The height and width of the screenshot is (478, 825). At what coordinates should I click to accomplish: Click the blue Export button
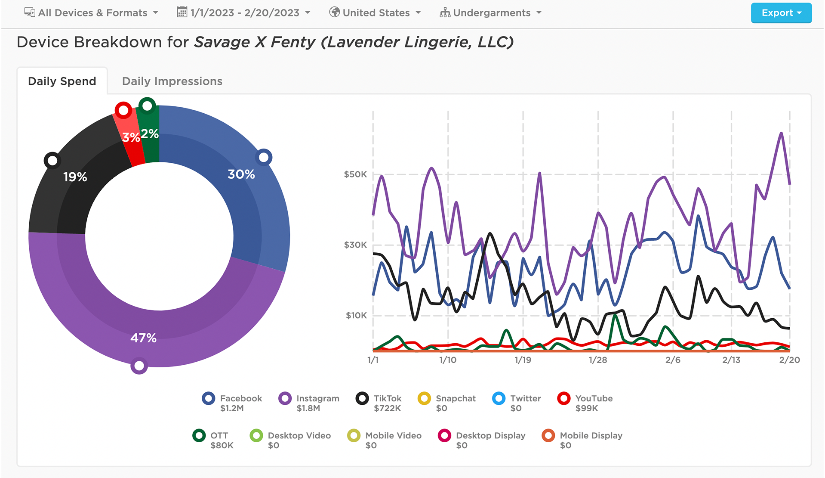click(x=781, y=13)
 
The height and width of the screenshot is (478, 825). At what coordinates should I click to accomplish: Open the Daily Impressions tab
click(x=172, y=81)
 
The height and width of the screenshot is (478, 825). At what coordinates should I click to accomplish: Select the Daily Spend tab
click(x=62, y=81)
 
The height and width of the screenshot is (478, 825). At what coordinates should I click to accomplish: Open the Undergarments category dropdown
click(x=491, y=13)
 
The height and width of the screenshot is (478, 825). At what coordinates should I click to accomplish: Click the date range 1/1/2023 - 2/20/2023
click(x=244, y=13)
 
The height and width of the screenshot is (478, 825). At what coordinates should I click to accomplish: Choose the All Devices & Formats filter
click(x=92, y=13)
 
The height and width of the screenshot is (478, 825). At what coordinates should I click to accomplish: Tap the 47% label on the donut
click(x=143, y=338)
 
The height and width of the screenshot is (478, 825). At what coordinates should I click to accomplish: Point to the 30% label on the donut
click(x=241, y=174)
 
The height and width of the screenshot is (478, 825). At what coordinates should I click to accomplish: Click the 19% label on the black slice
click(x=75, y=177)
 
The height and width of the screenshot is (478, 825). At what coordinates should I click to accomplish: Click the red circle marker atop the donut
click(x=123, y=110)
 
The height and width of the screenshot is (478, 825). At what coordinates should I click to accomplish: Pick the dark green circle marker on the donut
click(x=147, y=106)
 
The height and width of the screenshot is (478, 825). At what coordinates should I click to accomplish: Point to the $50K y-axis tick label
click(x=355, y=174)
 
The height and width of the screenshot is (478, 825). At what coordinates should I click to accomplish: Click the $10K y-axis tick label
click(x=356, y=316)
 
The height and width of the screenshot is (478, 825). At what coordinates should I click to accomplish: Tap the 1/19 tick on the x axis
click(x=523, y=360)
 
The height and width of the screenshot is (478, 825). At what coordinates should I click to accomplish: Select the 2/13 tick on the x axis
click(x=731, y=360)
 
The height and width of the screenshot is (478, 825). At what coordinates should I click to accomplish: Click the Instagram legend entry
click(x=309, y=403)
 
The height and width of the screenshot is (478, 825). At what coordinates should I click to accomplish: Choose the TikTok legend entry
click(x=379, y=403)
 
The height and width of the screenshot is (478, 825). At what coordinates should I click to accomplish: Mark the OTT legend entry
click(x=213, y=440)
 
